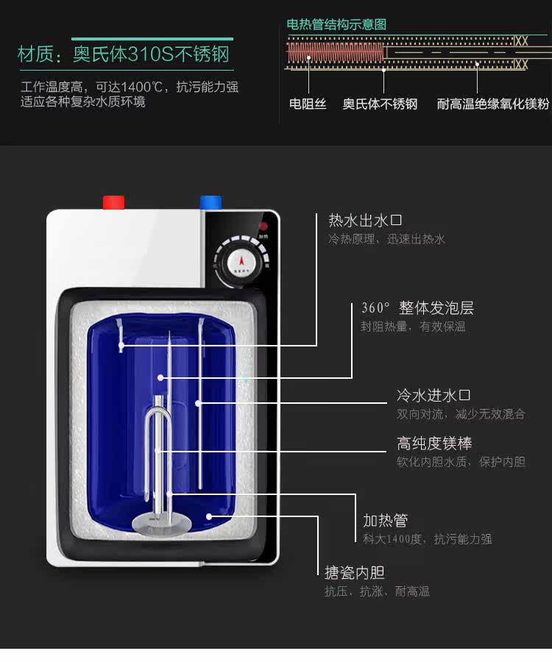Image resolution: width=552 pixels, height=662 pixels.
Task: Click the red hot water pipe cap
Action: [113, 202]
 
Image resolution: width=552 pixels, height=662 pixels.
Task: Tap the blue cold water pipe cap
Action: [210, 202]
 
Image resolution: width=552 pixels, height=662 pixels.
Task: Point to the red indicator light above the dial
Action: [263, 227]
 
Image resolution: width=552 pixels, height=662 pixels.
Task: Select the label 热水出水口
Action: [365, 220]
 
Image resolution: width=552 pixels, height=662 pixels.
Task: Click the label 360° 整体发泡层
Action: [417, 307]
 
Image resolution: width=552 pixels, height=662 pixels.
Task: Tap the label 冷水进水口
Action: [434, 396]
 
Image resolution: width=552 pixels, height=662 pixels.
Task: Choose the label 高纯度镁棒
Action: [434, 444]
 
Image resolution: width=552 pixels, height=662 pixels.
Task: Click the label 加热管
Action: [385, 521]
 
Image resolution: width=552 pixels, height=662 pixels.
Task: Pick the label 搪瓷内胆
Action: [355, 572]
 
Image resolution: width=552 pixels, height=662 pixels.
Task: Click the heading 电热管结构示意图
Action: [336, 24]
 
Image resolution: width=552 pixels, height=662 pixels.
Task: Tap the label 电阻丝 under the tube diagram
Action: [308, 104]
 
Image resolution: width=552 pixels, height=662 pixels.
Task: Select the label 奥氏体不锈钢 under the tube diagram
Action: [380, 104]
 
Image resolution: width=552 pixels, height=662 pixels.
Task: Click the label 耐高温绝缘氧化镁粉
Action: [492, 104]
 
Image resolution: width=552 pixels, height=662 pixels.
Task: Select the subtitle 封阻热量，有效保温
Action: [413, 327]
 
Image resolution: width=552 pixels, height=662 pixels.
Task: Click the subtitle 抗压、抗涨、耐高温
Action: [377, 591]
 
